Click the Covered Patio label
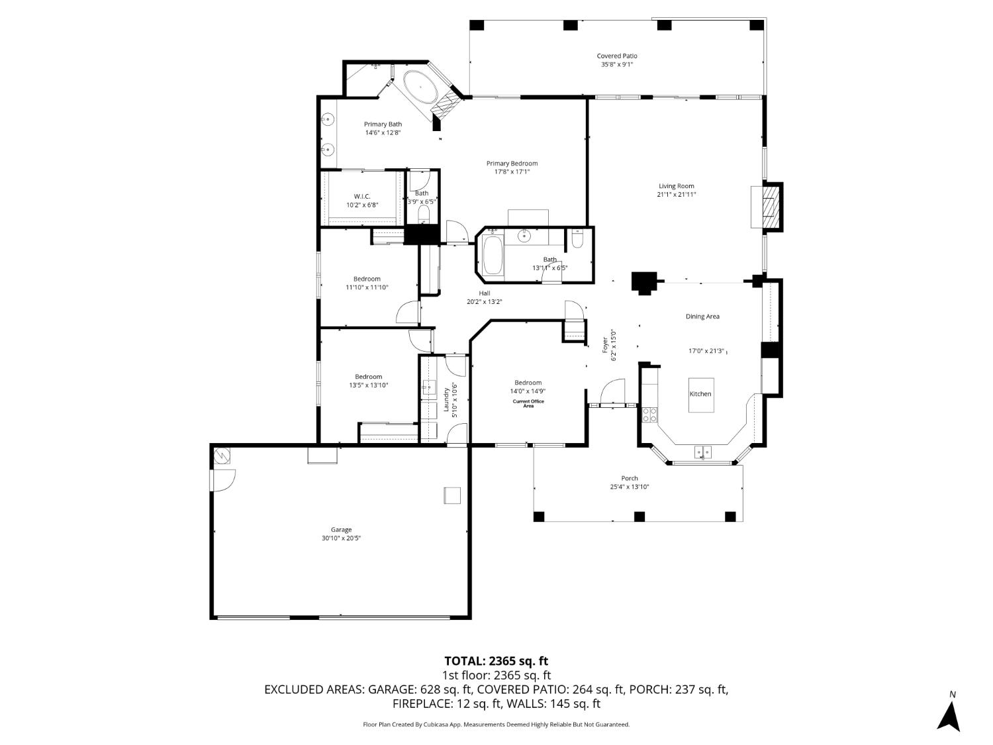coord(616,56)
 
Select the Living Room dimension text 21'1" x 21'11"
coord(676,195)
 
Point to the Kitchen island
coord(701,395)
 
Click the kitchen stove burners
coord(649,415)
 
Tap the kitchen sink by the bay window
coord(703,452)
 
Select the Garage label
coord(341,529)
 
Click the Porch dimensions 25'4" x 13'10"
coord(629,487)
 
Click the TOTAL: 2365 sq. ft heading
coord(496,661)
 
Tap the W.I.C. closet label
coord(362,196)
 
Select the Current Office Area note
coord(528,403)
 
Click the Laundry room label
coord(446,400)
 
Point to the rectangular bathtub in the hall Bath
coord(492,256)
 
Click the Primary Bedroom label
coord(512,163)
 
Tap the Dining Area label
coord(702,317)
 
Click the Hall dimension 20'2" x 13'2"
coord(485,302)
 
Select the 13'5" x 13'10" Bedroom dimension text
coord(369,385)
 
